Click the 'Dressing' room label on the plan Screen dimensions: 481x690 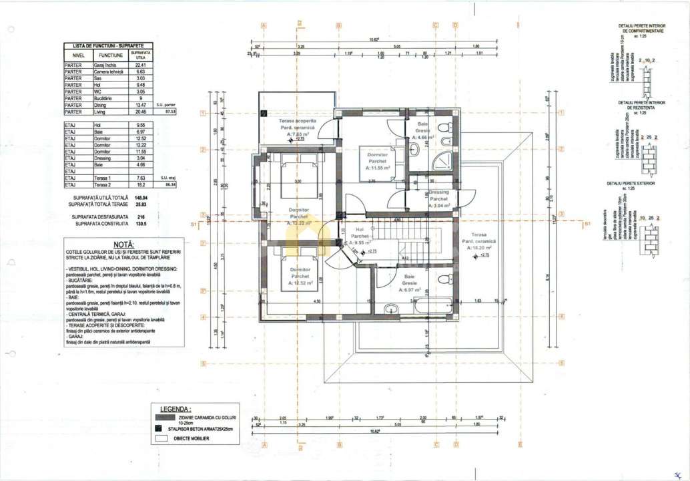[438, 192]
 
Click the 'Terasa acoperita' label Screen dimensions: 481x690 [297, 121]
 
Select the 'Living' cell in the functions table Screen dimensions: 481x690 [107, 112]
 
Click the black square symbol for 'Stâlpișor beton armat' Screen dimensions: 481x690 [158, 428]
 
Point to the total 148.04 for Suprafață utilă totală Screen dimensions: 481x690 [140, 198]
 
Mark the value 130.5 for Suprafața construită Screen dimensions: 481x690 [141, 224]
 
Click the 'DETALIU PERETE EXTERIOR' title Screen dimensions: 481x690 [631, 182]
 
